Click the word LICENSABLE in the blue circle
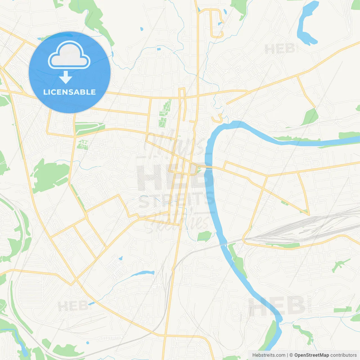[69, 92]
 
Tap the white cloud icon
[69, 56]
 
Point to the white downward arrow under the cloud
[66, 77]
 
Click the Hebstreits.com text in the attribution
[269, 355]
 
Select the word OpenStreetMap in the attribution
[312, 355]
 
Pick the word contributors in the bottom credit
[343, 355]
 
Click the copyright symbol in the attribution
[291, 355]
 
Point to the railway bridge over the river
[224, 245]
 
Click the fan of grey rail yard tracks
[295, 228]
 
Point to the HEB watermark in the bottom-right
[277, 306]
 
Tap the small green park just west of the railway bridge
[204, 236]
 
